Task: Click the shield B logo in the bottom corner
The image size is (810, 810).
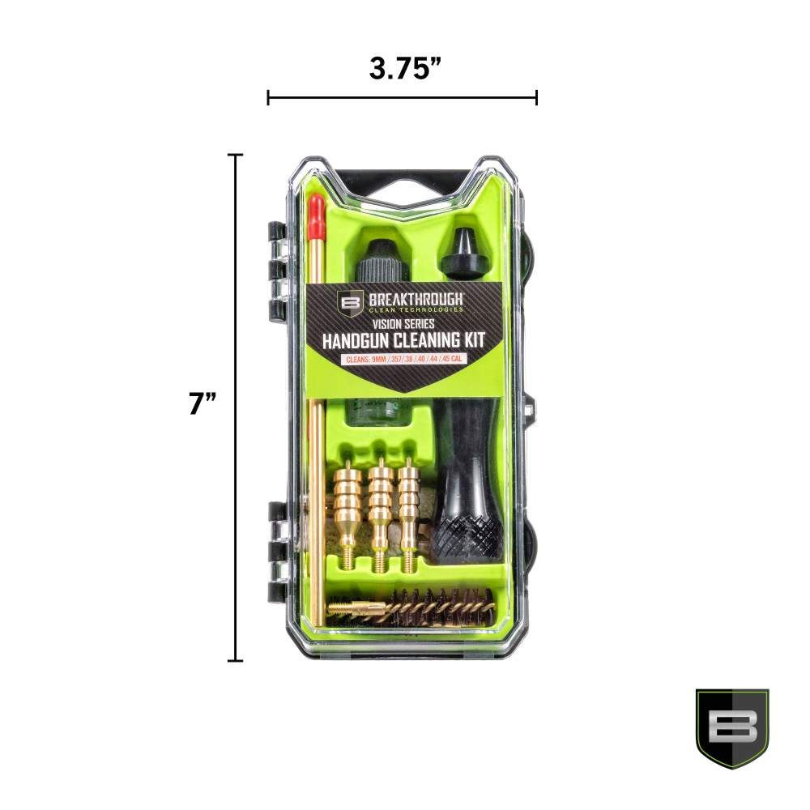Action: tap(731, 727)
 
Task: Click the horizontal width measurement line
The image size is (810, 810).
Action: tap(403, 98)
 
